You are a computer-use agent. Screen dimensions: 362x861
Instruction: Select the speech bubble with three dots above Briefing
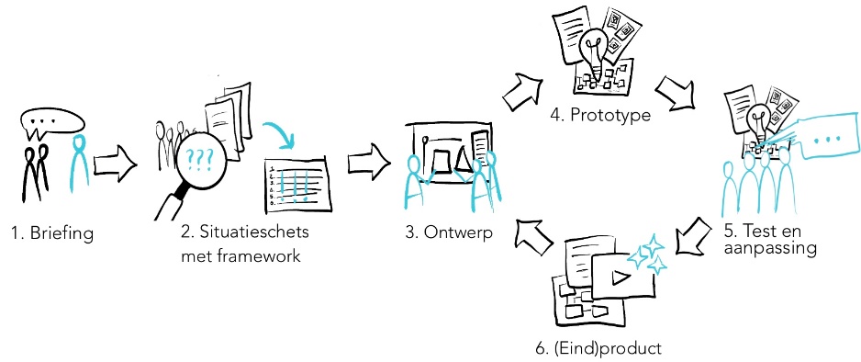tap(51, 120)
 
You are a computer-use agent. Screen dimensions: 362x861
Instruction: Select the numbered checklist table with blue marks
tap(295, 180)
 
